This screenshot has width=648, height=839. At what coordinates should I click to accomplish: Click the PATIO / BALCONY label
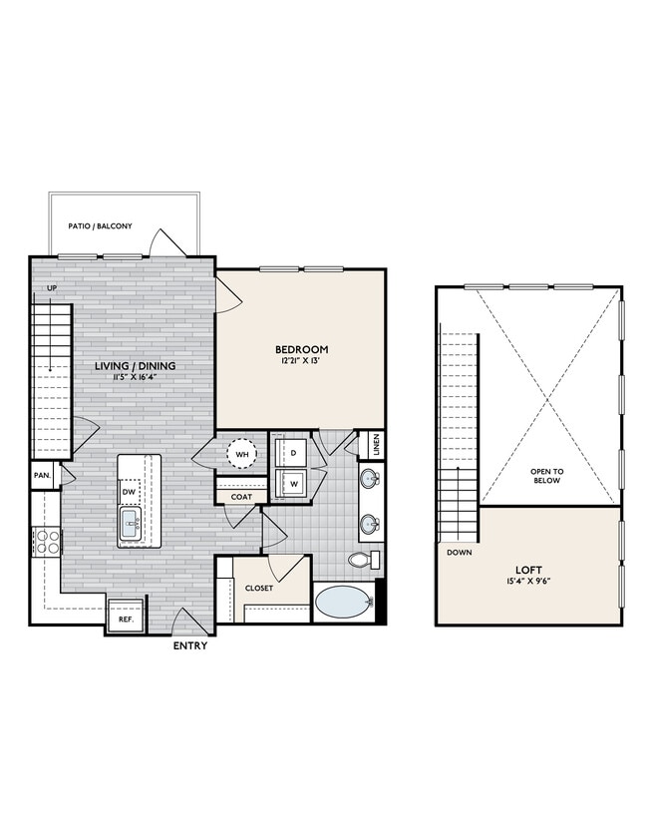click(100, 226)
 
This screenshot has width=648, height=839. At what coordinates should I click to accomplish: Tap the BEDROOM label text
click(302, 349)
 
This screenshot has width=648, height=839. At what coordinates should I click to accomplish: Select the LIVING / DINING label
click(136, 366)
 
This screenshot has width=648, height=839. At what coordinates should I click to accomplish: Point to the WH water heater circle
click(242, 455)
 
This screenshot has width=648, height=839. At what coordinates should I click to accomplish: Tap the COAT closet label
click(242, 495)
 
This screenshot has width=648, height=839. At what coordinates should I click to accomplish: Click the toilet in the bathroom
click(361, 560)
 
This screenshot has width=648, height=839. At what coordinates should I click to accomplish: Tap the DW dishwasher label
click(129, 492)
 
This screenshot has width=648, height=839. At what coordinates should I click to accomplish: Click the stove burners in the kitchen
click(45, 542)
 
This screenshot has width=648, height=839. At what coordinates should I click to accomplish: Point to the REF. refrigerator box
click(127, 619)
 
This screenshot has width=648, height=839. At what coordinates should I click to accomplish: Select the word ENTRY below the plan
click(190, 646)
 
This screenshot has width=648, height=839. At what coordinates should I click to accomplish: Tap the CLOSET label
click(259, 589)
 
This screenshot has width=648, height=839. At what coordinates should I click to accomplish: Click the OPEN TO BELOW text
click(546, 474)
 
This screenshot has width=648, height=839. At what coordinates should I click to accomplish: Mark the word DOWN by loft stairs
click(460, 552)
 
